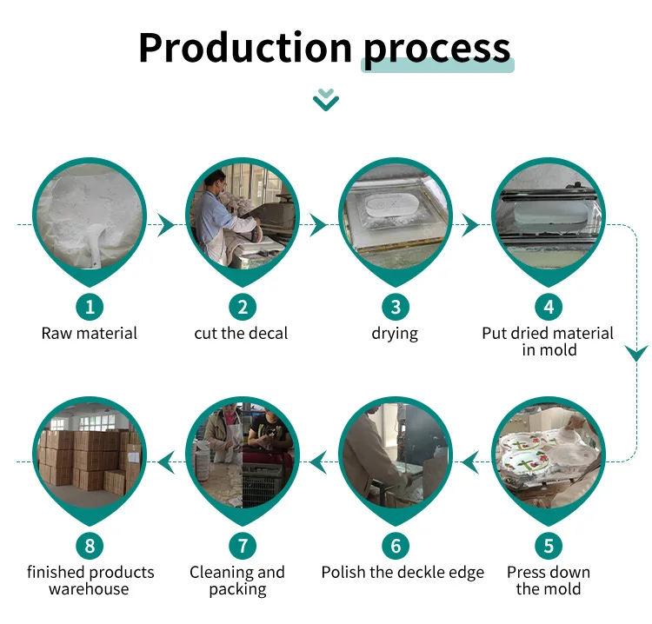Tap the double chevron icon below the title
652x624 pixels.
(326, 100)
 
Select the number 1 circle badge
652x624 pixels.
(90, 306)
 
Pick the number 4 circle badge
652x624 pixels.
(549, 306)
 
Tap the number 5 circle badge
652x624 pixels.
(549, 546)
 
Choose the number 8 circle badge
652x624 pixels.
(90, 546)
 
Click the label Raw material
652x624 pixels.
(90, 333)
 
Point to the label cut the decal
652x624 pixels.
(241, 333)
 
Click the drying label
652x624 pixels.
(395, 333)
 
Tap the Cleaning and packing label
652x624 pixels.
(237, 581)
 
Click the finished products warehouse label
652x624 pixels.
(90, 581)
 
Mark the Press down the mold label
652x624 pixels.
(549, 581)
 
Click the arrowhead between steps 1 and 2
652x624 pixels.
(165, 225)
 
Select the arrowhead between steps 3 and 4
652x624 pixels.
(470, 225)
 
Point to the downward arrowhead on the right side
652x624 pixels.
(637, 353)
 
